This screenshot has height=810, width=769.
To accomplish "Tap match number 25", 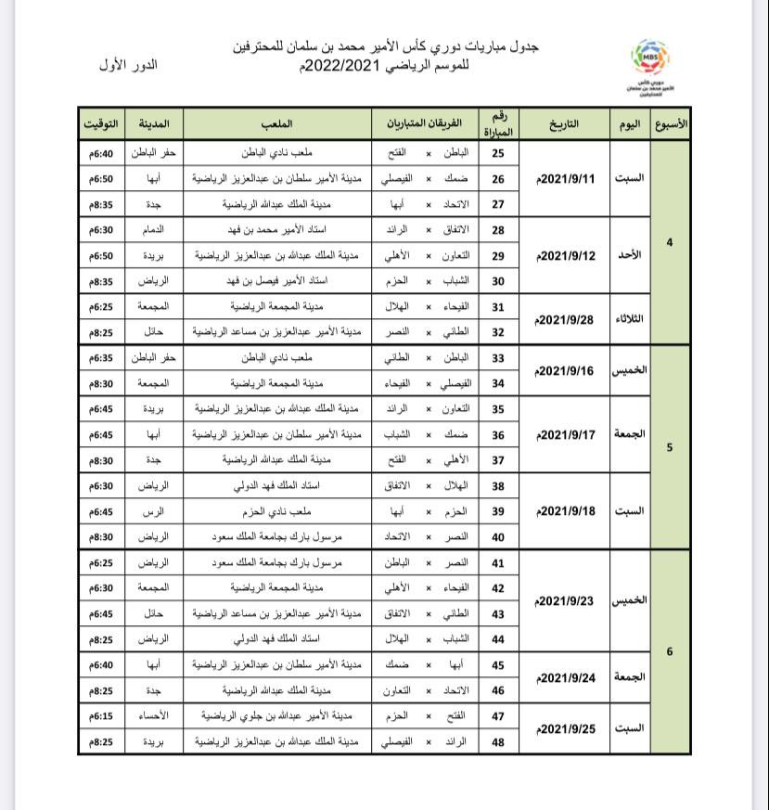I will [x=498, y=153].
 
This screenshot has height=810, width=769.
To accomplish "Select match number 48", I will [x=498, y=742].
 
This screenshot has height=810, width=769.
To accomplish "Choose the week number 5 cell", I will [x=670, y=447].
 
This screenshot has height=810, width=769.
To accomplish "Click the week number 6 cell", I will [x=670, y=651].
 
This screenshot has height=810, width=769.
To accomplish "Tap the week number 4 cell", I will [x=670, y=242].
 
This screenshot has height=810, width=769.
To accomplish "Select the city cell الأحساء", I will [x=154, y=716].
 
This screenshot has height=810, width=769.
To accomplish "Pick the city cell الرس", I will [x=154, y=511].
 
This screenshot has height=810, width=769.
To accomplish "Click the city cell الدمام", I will [x=154, y=229].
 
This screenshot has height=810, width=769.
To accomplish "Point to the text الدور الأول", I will [x=128, y=65].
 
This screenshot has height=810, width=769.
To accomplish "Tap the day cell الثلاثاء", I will [x=629, y=319].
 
